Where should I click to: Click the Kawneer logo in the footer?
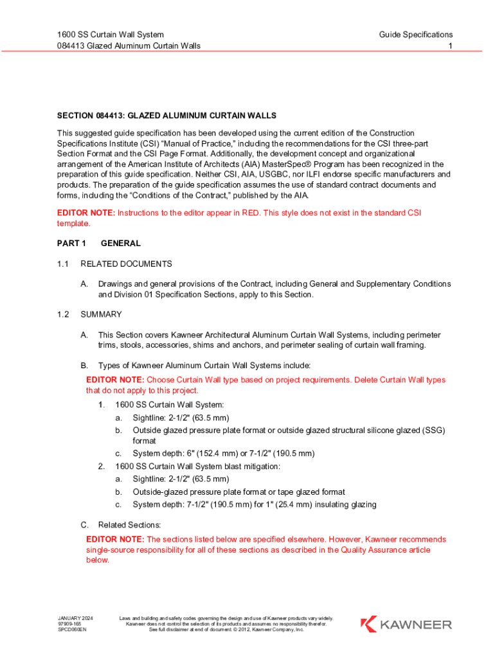coord(406,624)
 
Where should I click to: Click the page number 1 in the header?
coord(450,46)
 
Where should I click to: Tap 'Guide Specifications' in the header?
coord(415,35)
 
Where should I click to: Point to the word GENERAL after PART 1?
coord(121,244)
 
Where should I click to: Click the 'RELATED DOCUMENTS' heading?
coord(126,264)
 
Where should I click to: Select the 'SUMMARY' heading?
coord(101,315)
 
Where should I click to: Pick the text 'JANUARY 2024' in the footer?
coord(75,618)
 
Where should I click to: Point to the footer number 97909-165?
coord(69,624)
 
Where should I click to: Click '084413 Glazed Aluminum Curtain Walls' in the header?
coord(129,46)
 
